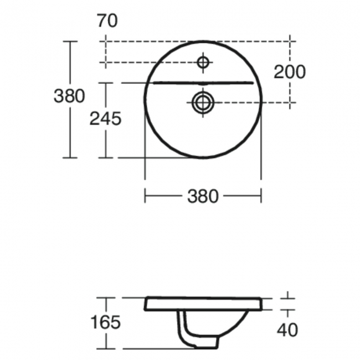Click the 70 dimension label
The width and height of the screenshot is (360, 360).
[x=107, y=22]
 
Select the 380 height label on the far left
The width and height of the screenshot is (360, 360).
[x=69, y=96]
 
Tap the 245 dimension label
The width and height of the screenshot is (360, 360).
[x=105, y=118]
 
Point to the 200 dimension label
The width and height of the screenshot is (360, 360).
[x=289, y=71]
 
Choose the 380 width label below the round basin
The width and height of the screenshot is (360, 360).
[x=203, y=196]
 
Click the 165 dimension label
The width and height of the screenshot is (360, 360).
[x=105, y=323]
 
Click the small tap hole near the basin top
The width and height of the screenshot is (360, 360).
[x=203, y=62]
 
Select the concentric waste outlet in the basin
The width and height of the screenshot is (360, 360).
[x=203, y=101]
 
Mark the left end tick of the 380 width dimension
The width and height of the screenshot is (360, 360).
[x=145, y=195]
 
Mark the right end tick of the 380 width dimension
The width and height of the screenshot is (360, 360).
[x=261, y=195]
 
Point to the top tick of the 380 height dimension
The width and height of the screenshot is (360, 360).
[x=69, y=41]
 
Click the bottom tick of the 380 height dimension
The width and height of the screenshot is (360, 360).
[x=69, y=158]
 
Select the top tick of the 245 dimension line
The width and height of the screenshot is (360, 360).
[x=106, y=83]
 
